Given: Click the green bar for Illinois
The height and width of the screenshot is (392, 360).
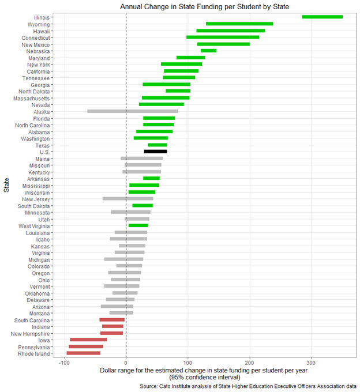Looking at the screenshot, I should pyautogui.click(x=322, y=17).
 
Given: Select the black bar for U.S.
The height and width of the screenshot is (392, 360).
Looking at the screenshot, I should pyautogui.click(x=155, y=152).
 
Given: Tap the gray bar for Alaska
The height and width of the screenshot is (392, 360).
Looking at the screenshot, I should pyautogui.click(x=132, y=111).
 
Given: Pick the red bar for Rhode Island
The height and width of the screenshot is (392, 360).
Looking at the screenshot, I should pyautogui.click(x=84, y=353).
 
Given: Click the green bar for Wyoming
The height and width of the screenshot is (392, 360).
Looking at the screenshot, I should pyautogui.click(x=239, y=24).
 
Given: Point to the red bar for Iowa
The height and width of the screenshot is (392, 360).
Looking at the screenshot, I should pyautogui.click(x=88, y=340).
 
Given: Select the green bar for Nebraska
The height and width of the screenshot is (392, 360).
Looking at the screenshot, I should pyautogui.click(x=208, y=51).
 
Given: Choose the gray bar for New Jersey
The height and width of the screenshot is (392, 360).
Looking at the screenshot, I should pyautogui.click(x=128, y=199).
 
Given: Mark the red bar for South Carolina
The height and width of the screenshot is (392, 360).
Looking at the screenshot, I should pyautogui.click(x=112, y=319).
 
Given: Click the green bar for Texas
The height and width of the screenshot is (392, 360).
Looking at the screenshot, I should pyautogui.click(x=157, y=145).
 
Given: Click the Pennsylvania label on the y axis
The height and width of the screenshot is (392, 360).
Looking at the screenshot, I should pyautogui.click(x=34, y=347).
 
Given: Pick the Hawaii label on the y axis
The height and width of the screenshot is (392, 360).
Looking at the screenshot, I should pyautogui.click(x=40, y=31).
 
